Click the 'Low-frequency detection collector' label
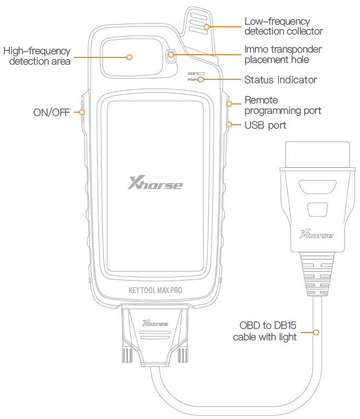click(x=283, y=26)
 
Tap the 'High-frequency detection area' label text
click(x=37, y=56)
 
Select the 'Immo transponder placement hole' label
click(x=283, y=54)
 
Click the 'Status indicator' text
click(x=280, y=80)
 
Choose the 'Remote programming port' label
click(x=282, y=106)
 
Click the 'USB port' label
click(x=265, y=125)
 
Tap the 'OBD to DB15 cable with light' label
click(x=265, y=331)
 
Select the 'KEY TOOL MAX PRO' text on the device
click(x=155, y=290)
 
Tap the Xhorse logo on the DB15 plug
click(x=155, y=324)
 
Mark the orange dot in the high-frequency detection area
click(x=130, y=56)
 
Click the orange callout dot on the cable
click(x=316, y=331)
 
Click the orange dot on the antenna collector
click(x=206, y=26)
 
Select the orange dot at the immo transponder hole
click(x=171, y=55)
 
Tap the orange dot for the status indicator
click(x=201, y=80)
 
